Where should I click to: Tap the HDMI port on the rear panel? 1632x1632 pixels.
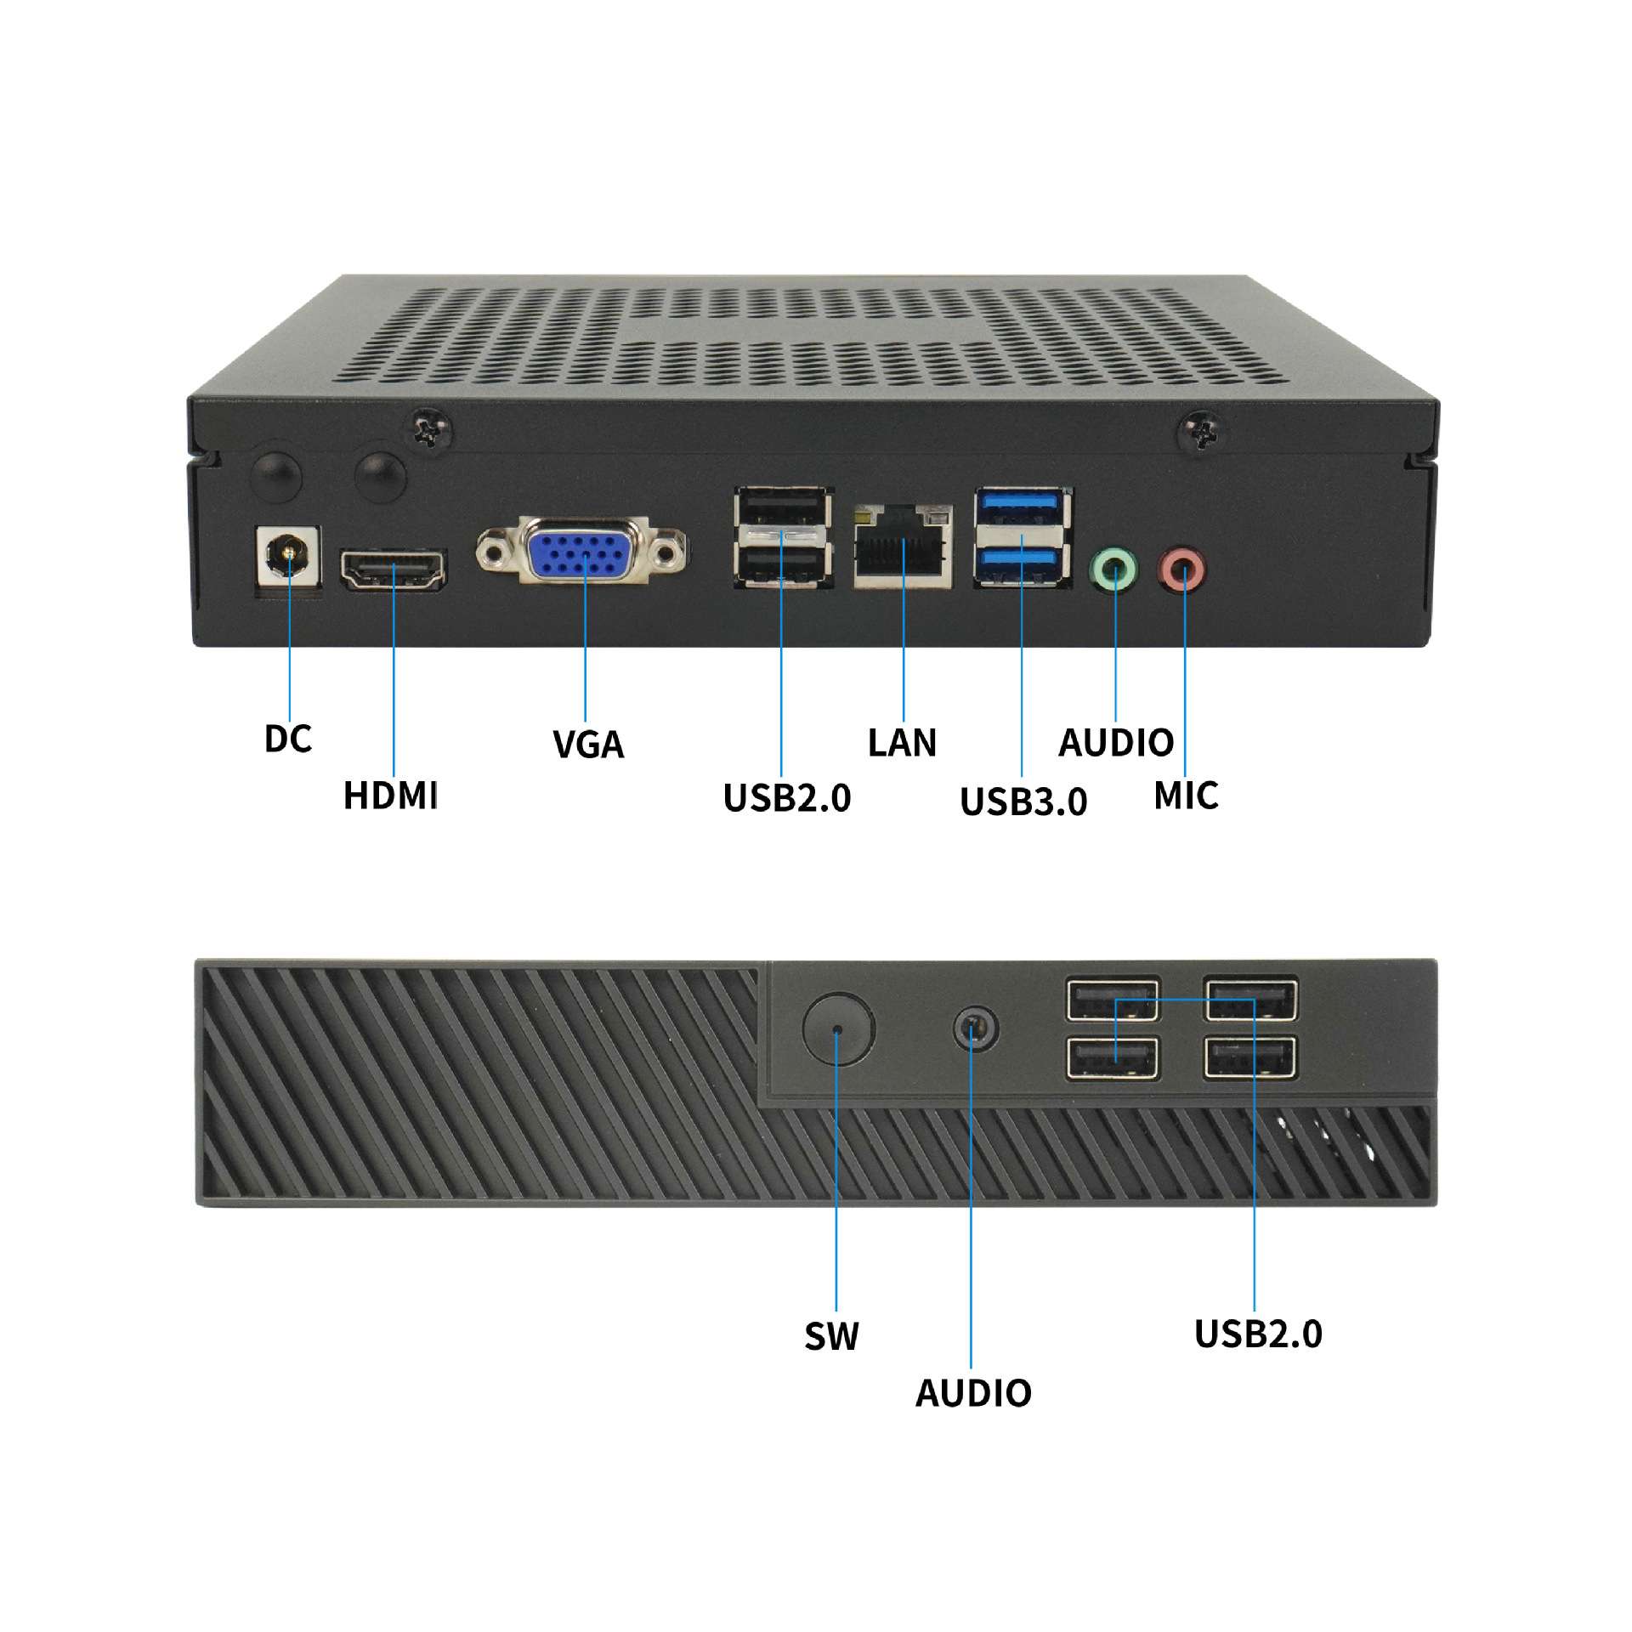click(394, 569)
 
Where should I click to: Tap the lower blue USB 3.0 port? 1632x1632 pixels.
click(1023, 564)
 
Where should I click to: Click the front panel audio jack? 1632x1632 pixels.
click(975, 1029)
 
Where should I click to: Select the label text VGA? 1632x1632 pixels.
click(588, 745)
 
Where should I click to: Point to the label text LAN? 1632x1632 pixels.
click(902, 743)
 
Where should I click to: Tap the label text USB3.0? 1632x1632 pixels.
click(1023, 801)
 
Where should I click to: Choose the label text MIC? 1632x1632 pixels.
click(1186, 796)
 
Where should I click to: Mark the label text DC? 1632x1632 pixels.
click(288, 739)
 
